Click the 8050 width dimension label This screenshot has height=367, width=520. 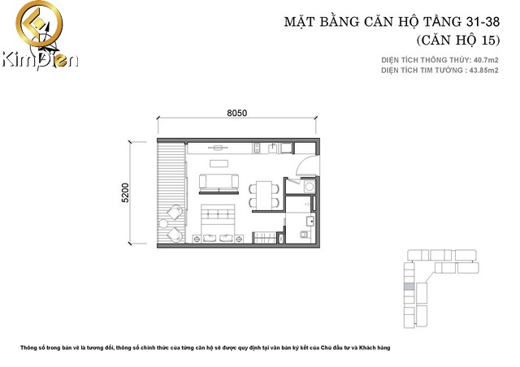point(236,113)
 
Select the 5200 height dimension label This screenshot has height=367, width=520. point(125,192)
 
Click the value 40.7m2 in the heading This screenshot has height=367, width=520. point(486,60)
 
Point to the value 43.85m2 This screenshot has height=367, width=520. point(486,71)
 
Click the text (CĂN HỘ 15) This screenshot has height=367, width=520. point(458,40)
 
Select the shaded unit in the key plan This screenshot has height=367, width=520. point(409,287)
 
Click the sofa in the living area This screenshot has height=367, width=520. point(219,182)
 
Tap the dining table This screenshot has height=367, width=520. point(264,195)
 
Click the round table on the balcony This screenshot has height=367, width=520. point(163,224)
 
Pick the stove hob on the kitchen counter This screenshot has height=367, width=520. point(257,148)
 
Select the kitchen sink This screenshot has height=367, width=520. point(273,148)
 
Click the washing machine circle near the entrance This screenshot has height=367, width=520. point(310,187)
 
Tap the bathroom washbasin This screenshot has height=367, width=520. point(310,221)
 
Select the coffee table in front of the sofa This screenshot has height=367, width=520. point(219,164)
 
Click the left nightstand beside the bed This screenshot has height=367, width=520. point(197,239)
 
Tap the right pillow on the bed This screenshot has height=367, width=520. point(226,238)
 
